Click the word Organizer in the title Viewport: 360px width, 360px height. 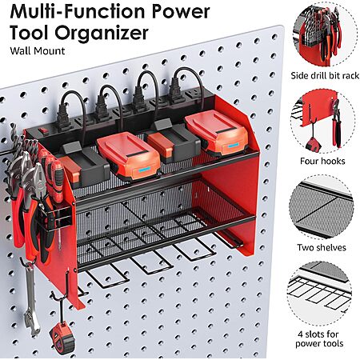[x=102, y=33]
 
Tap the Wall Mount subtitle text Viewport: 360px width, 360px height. [x=38, y=51]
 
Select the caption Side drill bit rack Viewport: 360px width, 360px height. [x=325, y=76]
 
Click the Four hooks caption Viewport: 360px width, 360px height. [x=322, y=161]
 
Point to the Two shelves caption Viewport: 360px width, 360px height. [x=322, y=247]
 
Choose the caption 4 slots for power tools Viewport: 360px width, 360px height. [x=319, y=338]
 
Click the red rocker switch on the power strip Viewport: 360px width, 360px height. [x=42, y=130]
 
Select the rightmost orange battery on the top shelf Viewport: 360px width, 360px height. [x=216, y=133]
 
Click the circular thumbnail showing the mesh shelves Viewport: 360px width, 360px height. [x=322, y=207]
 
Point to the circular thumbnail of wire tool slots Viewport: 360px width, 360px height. [x=319, y=294]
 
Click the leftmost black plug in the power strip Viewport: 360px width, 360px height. [x=63, y=118]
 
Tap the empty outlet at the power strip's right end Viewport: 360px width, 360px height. [x=192, y=94]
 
